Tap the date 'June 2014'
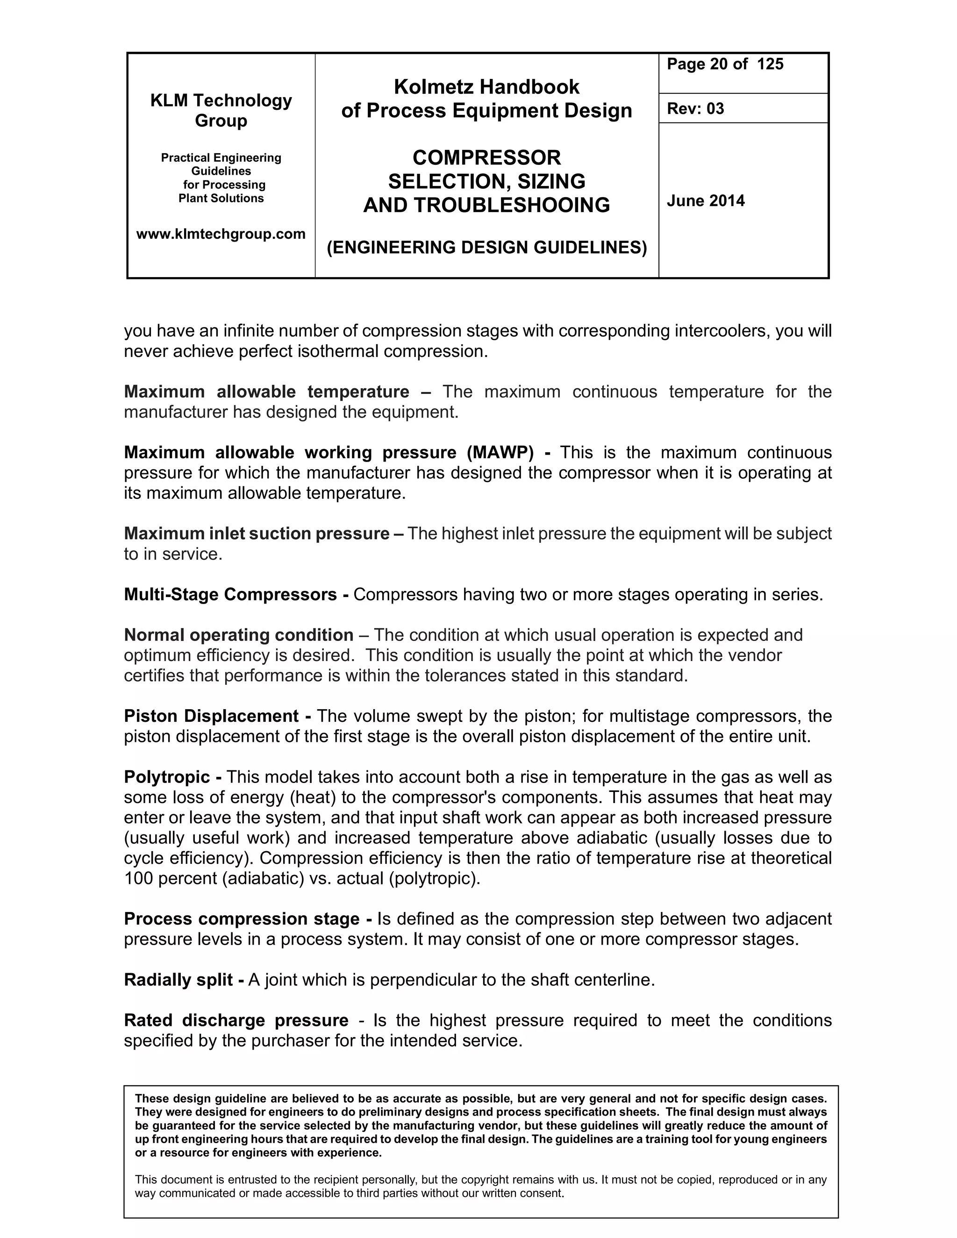pos(705,201)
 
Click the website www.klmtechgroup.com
pos(221,234)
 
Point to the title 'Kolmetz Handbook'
pos(486,87)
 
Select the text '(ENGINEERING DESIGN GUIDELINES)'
pos(486,247)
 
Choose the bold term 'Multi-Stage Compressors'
pos(230,594)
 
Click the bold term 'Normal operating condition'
pos(239,635)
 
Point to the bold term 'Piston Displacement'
pos(211,716)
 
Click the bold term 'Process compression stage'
pos(242,918)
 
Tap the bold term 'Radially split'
pos(179,980)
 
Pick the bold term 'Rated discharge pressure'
pos(236,1020)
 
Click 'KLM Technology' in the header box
pos(221,100)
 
